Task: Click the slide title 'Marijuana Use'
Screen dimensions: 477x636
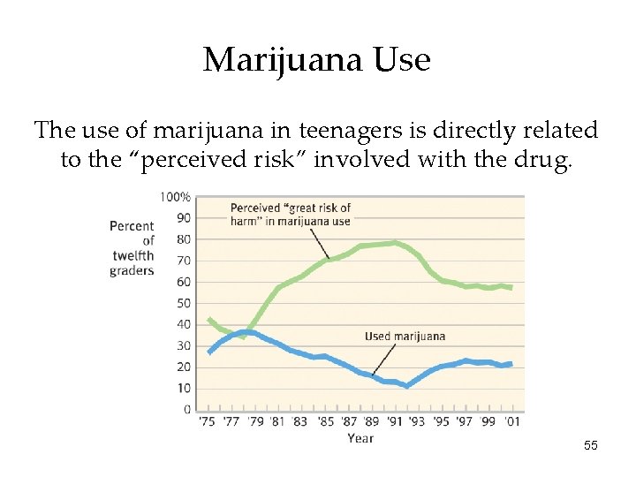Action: pos(316,60)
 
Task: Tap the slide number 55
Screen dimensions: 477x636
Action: pos(591,446)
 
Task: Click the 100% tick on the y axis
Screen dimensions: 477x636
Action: pos(175,196)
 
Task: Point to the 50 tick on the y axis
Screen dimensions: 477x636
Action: pos(183,303)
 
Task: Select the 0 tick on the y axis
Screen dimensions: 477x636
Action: pos(186,410)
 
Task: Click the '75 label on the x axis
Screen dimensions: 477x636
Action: pos(207,422)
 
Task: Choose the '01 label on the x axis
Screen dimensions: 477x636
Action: pos(511,422)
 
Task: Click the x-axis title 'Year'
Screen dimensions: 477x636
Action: pos(360,438)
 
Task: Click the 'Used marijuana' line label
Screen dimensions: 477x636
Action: pos(405,337)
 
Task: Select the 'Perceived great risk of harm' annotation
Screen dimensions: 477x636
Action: pos(290,215)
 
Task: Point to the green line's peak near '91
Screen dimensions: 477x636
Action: pos(394,243)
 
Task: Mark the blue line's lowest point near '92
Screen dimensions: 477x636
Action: pos(406,386)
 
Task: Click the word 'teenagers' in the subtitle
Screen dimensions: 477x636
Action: pos(346,131)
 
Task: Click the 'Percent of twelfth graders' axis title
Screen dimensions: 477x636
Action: pos(132,248)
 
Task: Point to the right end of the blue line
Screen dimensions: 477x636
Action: pos(510,364)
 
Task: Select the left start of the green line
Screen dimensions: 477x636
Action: pos(208,320)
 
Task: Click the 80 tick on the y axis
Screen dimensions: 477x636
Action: pos(183,238)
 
